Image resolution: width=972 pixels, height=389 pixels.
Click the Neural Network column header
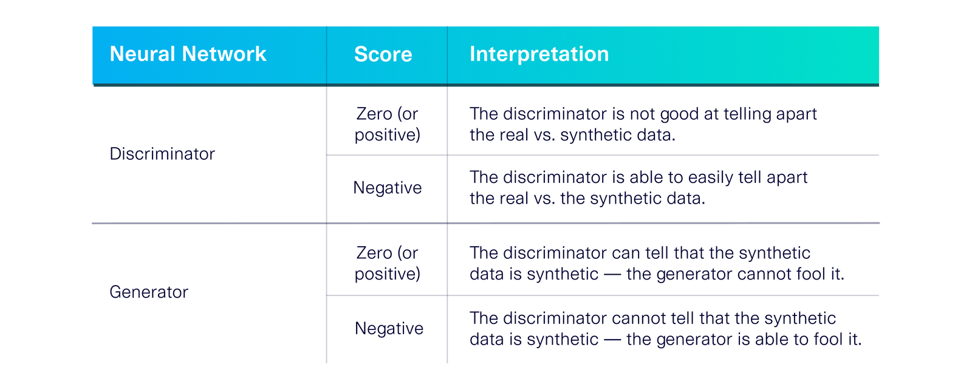188,54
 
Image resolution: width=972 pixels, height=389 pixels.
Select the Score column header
383,55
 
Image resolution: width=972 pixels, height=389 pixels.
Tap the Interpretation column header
539,54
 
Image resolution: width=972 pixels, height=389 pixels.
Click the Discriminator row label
162,154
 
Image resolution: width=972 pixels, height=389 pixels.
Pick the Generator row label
149,292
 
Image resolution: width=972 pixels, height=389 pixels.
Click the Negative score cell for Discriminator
387,188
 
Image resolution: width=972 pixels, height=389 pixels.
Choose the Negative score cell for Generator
389,328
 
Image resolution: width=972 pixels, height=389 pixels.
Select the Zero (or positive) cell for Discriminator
387,124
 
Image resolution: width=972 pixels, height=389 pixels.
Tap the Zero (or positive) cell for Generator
387,263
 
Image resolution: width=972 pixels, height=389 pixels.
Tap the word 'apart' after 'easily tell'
787,177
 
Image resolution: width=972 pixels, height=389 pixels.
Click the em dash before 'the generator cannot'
612,275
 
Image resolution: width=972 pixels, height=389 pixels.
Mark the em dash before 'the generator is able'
612,340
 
